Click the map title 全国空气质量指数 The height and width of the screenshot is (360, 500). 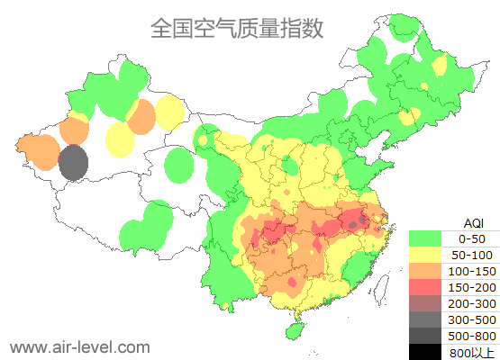(236, 29)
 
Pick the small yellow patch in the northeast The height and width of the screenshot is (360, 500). (439, 66)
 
